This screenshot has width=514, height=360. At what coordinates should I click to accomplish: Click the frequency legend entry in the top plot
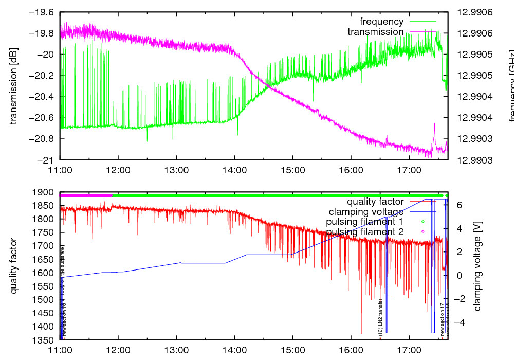coord(381,22)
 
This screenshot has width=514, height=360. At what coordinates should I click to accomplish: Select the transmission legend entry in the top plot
coord(375,32)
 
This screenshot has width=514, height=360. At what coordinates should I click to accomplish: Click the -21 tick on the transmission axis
coord(47,160)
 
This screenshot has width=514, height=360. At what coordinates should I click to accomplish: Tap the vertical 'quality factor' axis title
coord(14,266)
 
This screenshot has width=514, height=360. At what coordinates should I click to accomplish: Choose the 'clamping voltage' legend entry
coord(366,211)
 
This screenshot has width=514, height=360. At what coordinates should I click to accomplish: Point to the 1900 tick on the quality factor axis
coord(45,193)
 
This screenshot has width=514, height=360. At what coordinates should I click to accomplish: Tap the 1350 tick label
coord(45,340)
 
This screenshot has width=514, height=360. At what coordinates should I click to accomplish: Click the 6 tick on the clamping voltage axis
coord(459,205)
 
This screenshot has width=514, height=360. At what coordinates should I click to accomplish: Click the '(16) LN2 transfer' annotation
coord(380,318)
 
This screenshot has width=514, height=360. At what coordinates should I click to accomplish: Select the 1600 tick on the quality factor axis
coord(45,273)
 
